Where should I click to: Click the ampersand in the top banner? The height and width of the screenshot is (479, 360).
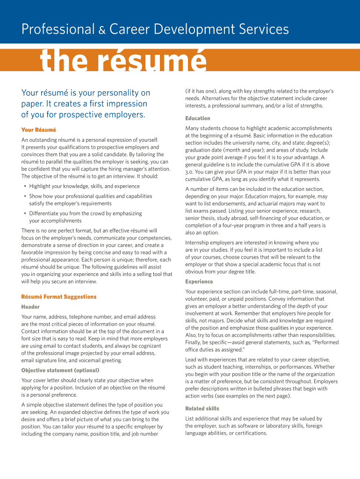(101, 31)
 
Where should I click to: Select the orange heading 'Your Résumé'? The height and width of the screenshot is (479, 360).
(38, 130)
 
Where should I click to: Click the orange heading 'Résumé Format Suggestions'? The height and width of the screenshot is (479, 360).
(59, 297)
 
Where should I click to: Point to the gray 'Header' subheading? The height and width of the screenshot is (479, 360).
(30, 307)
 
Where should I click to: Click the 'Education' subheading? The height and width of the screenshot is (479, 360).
(198, 118)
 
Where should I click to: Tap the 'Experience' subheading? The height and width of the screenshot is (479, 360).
(199, 282)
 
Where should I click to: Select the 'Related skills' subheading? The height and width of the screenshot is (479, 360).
(202, 408)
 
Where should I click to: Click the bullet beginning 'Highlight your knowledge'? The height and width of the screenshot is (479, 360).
(84, 186)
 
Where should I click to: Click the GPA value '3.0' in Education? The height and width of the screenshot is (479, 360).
(189, 172)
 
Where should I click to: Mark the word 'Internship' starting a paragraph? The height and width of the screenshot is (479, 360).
(198, 242)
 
